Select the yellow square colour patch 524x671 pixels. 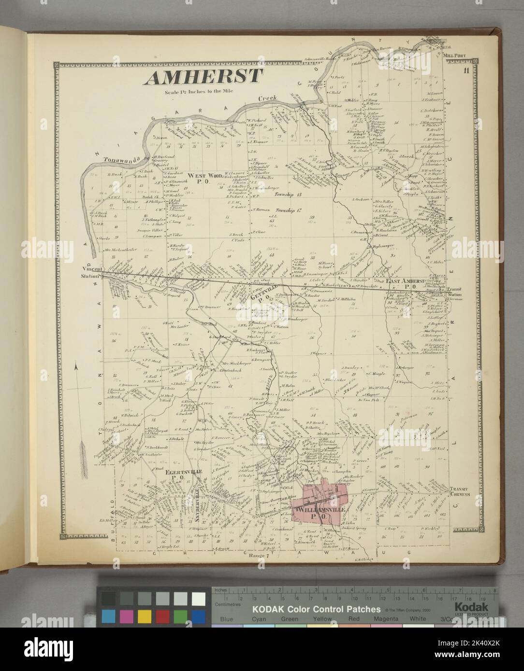click(144, 615)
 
